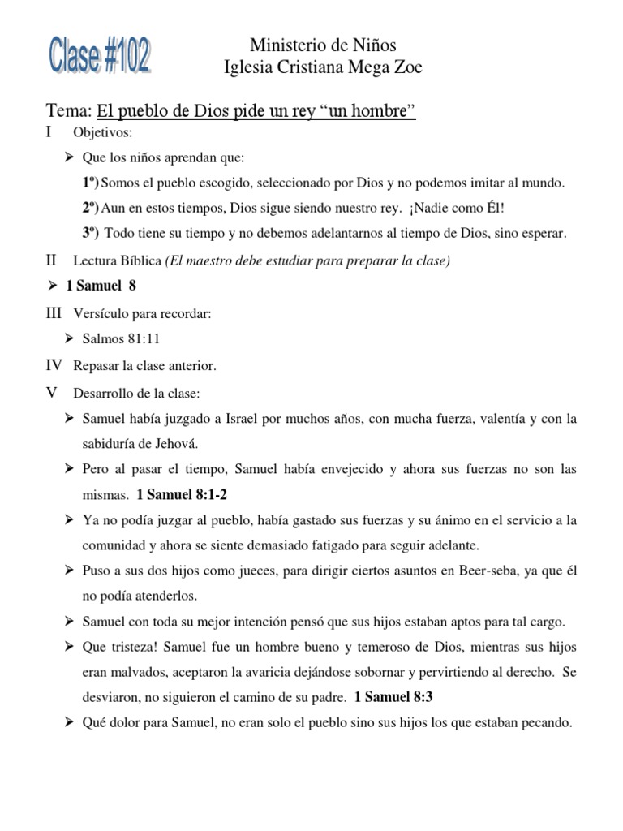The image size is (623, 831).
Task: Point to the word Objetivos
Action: click(x=103, y=131)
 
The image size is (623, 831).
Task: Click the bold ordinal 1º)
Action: click(x=92, y=183)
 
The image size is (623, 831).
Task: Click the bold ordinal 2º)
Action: click(x=92, y=208)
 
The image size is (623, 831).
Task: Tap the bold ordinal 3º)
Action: click(x=92, y=233)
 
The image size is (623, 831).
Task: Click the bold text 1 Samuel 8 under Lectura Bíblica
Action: click(x=101, y=286)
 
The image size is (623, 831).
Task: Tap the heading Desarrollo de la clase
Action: click(x=136, y=393)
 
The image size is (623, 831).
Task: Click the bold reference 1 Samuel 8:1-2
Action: click(x=187, y=494)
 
